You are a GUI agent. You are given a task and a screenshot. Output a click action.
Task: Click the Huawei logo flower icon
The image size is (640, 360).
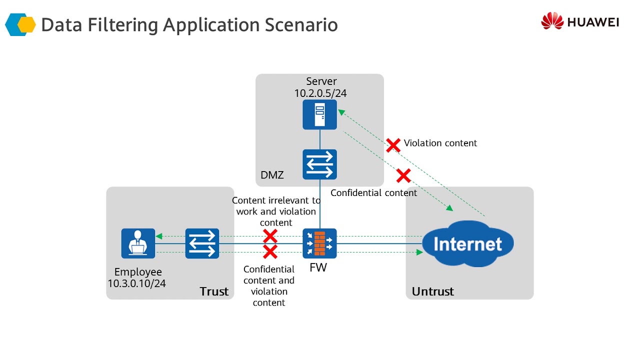(x=552, y=21)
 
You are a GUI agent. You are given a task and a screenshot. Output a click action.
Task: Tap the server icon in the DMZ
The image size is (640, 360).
(x=319, y=114)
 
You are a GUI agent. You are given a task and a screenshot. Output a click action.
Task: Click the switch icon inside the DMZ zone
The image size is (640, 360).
(x=319, y=164)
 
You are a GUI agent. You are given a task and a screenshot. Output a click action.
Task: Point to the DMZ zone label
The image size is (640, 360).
(x=272, y=175)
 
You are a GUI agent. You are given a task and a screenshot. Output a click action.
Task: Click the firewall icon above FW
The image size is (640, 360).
(x=319, y=243)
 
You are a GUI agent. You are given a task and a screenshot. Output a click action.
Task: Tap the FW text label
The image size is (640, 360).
(x=318, y=267)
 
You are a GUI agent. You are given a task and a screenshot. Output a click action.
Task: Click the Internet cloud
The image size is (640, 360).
(x=467, y=244)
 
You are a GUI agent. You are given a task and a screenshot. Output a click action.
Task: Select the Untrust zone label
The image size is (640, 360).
(x=432, y=291)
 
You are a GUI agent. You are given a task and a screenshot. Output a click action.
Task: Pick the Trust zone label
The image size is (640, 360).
(x=214, y=291)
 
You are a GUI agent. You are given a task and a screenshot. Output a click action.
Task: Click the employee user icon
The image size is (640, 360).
(x=138, y=243)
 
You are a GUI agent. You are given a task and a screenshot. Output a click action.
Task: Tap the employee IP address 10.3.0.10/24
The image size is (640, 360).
(x=137, y=283)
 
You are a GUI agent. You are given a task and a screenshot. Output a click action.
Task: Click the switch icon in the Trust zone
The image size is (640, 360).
(x=202, y=243)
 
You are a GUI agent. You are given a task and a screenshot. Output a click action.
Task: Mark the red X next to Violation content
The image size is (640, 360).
(x=393, y=145)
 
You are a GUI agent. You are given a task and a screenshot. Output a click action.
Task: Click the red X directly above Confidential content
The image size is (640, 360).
(x=403, y=175)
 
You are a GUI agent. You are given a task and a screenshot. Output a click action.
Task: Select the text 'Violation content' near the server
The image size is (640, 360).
(x=440, y=143)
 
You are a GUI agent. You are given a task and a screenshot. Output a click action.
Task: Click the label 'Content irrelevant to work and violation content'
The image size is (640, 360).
(x=276, y=211)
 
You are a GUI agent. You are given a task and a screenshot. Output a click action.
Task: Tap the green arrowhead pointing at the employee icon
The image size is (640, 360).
(x=159, y=236)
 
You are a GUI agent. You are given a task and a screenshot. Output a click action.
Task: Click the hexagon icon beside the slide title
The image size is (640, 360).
(x=20, y=24)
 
